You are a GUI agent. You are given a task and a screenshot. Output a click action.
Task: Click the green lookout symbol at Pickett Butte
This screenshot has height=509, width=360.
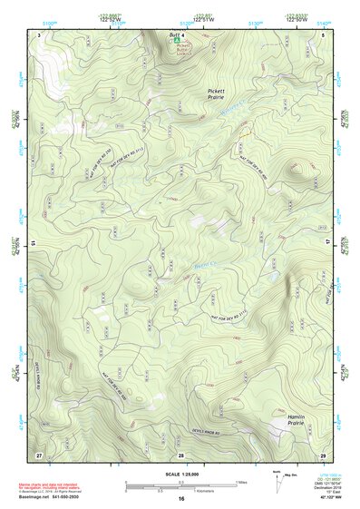pos(177,40)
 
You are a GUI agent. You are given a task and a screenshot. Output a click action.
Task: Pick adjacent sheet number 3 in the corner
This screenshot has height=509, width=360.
pos(39,33)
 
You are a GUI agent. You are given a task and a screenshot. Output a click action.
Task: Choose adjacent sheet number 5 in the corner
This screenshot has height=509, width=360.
pos(323,33)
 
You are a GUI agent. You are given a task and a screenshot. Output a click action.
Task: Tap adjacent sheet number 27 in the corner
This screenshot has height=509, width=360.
pos(39,454)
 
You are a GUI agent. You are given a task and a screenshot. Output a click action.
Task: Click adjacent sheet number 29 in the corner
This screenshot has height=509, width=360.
pos(323,454)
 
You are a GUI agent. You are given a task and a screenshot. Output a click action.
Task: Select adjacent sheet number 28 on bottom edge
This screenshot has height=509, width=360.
pos(180,454)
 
